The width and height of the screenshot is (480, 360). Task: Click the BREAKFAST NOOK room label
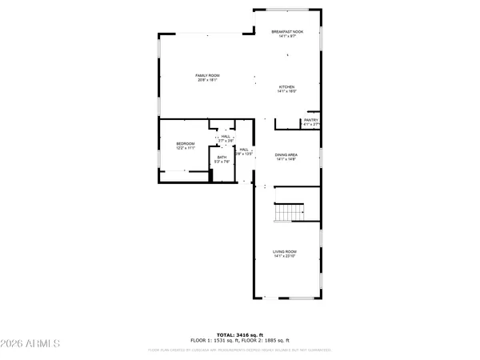point(287,31)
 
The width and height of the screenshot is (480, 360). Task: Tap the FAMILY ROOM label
point(207,75)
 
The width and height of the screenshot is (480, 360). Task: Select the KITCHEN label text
point(287,86)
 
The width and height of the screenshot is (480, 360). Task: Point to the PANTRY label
point(311,120)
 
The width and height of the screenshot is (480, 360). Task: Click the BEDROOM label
point(186,143)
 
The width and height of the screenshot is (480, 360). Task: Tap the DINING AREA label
point(286,155)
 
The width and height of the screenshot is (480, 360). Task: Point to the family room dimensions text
point(207,80)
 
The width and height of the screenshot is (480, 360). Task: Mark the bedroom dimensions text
point(186,148)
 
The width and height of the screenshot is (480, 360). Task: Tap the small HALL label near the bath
point(226,136)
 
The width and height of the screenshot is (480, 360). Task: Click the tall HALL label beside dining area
point(242,149)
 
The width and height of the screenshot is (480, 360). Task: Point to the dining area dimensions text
point(286,160)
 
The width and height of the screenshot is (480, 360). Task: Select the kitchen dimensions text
point(287,91)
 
